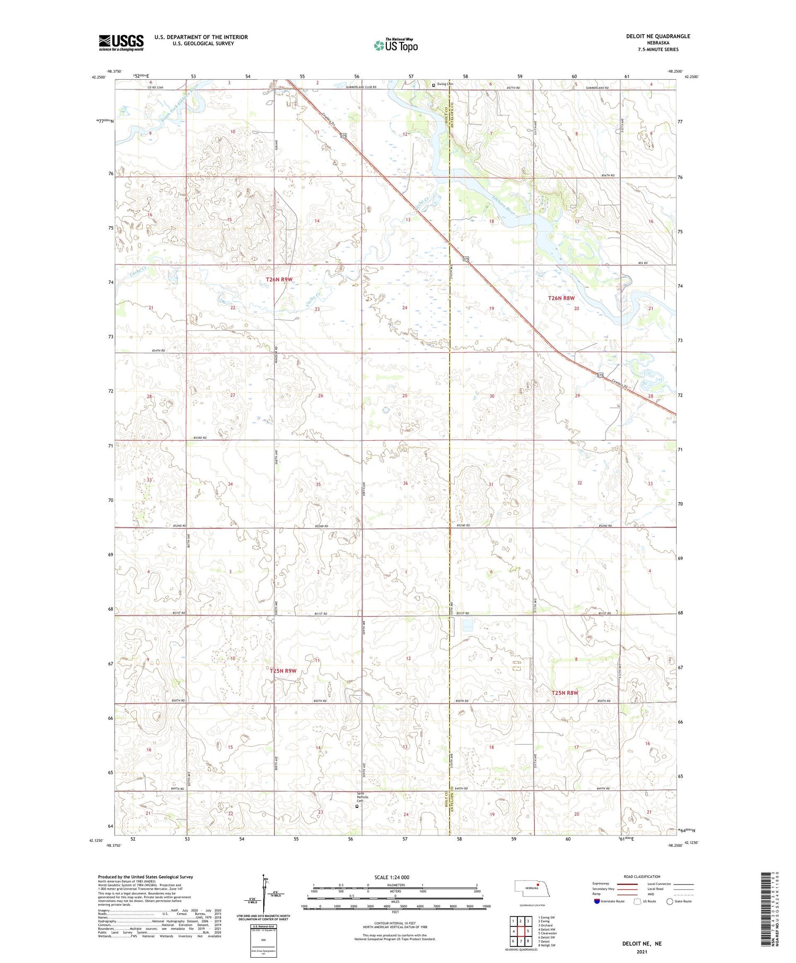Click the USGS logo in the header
[121, 42]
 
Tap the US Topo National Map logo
[395, 45]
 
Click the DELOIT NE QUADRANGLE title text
[658, 36]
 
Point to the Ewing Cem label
[446, 84]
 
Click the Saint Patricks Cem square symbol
[357, 806]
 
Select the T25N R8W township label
[565, 693]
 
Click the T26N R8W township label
[561, 299]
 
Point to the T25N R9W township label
[283, 671]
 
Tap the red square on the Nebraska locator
[537, 884]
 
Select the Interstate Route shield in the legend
[597, 901]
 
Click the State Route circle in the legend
[670, 901]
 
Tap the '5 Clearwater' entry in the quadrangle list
[548, 933]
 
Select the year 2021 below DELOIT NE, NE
[643, 951]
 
